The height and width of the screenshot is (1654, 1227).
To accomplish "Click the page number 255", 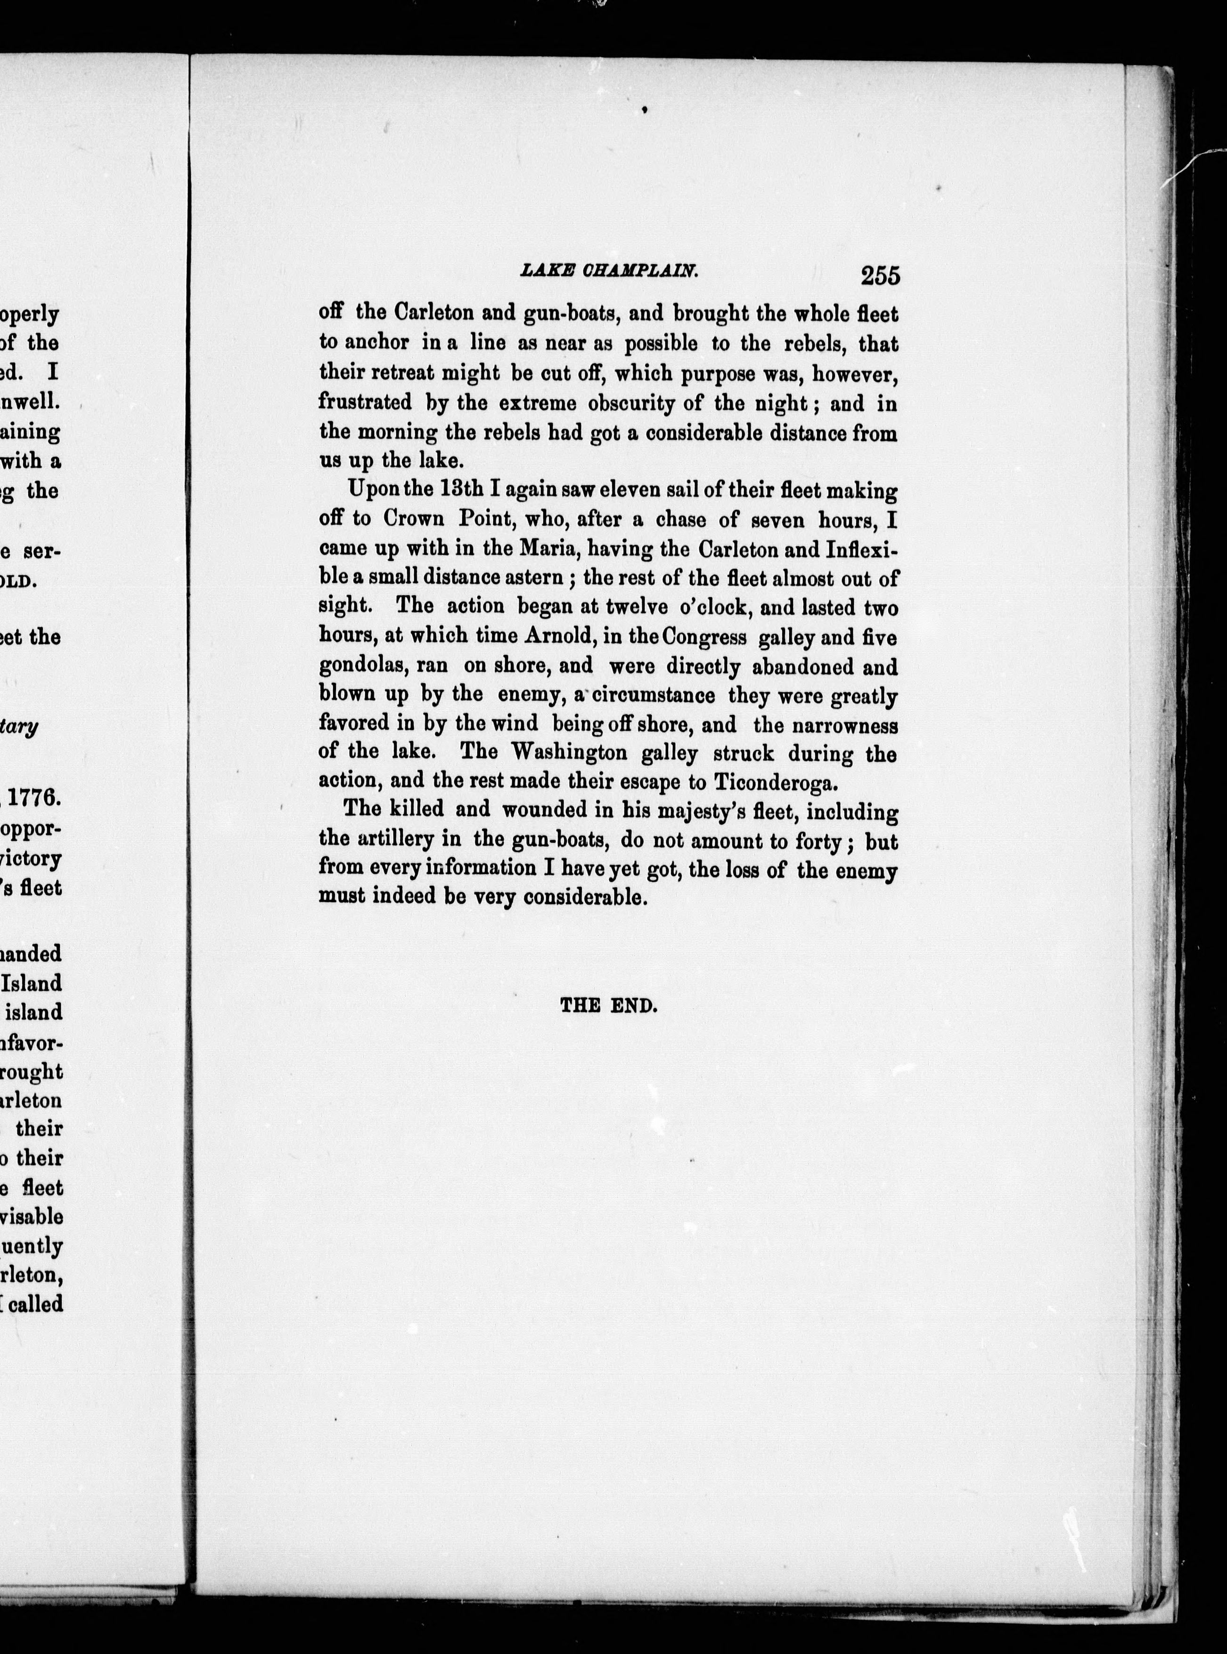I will click(x=880, y=276).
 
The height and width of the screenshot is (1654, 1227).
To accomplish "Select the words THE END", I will click(x=608, y=1006).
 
